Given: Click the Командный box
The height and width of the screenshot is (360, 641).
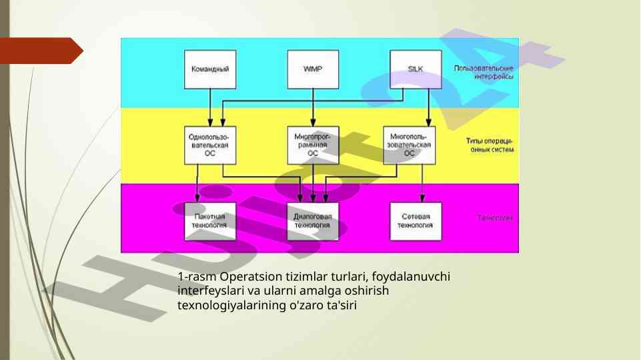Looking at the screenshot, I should pos(210,69).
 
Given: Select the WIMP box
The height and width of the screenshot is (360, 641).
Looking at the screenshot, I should pos(312,69).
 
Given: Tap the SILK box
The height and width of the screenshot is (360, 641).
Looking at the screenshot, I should pos(415,69).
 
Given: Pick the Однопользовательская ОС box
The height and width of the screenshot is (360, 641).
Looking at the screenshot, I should pos(209,145).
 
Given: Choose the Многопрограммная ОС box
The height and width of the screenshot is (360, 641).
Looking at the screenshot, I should pos(312,145).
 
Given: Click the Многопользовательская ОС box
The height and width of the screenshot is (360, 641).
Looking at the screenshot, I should pos(410,145).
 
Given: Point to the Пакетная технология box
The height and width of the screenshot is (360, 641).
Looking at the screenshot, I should pos(209,221).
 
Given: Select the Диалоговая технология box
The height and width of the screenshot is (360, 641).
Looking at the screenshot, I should pos(312,221).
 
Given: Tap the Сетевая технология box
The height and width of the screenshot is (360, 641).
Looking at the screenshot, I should pos(415,221).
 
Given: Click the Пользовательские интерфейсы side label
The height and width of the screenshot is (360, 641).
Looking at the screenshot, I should pos(484,73).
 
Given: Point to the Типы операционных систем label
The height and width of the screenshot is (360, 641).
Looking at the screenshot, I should pos(490,145).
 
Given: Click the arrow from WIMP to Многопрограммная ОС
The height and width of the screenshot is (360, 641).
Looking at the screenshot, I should pos(312,107).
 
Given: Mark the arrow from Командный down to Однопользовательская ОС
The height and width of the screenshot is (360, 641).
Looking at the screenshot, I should pos(211,107).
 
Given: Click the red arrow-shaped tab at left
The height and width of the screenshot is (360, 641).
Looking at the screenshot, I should pos(40,51).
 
